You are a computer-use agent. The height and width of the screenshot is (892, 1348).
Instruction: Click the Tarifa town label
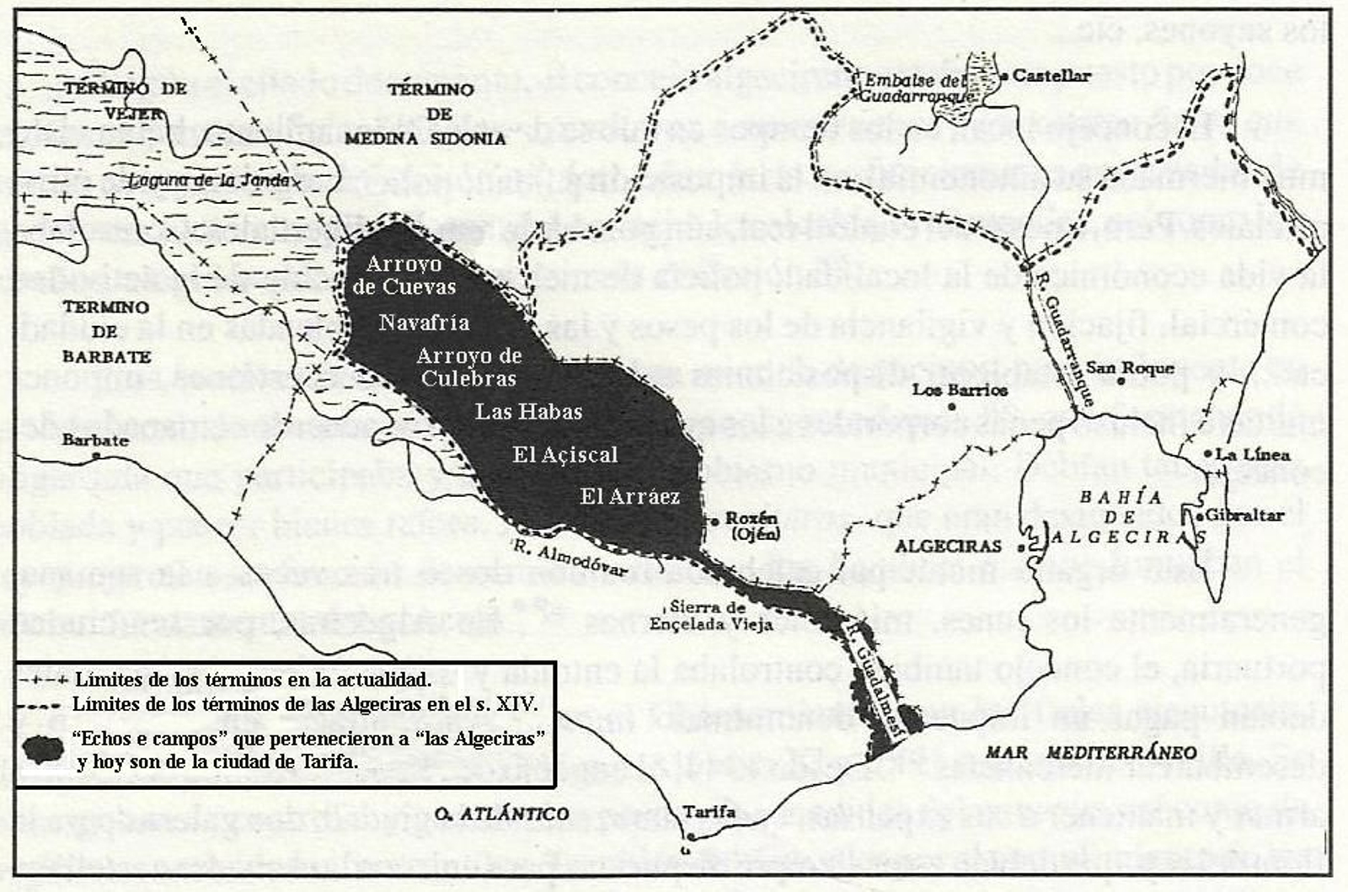coord(709,812)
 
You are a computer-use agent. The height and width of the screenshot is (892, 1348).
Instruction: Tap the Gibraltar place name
coord(1244,515)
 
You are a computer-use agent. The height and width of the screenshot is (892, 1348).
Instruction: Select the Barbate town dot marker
coord(97,456)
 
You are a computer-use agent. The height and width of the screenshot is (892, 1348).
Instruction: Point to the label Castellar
coord(1051,76)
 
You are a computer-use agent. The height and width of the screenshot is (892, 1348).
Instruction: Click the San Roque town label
coord(1129,367)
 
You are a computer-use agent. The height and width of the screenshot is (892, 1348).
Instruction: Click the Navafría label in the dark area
coord(424,322)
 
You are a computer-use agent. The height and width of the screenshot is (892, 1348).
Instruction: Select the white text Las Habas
coord(528,411)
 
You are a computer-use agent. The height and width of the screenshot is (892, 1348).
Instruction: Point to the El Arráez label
coord(629,496)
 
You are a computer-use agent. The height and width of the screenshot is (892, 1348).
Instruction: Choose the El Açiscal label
coord(565,455)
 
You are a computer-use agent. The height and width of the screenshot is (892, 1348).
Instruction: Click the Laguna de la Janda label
coord(209,179)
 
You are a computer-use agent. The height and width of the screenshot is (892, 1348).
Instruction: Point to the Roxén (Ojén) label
coord(752,526)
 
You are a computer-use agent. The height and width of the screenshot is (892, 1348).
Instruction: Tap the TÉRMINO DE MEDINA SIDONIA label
coord(425,114)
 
